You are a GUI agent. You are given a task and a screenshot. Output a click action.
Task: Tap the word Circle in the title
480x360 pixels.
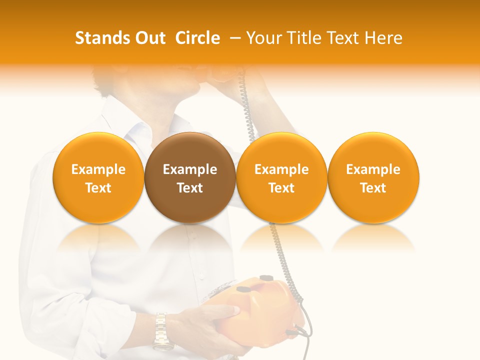pyautogui.click(x=197, y=38)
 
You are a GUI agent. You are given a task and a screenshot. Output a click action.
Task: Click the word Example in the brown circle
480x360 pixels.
pyautogui.click(x=190, y=169)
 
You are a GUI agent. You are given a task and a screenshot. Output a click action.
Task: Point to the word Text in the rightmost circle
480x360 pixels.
pyautogui.click(x=373, y=188)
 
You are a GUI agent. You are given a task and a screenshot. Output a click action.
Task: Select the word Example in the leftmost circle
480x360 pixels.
pyautogui.click(x=98, y=169)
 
